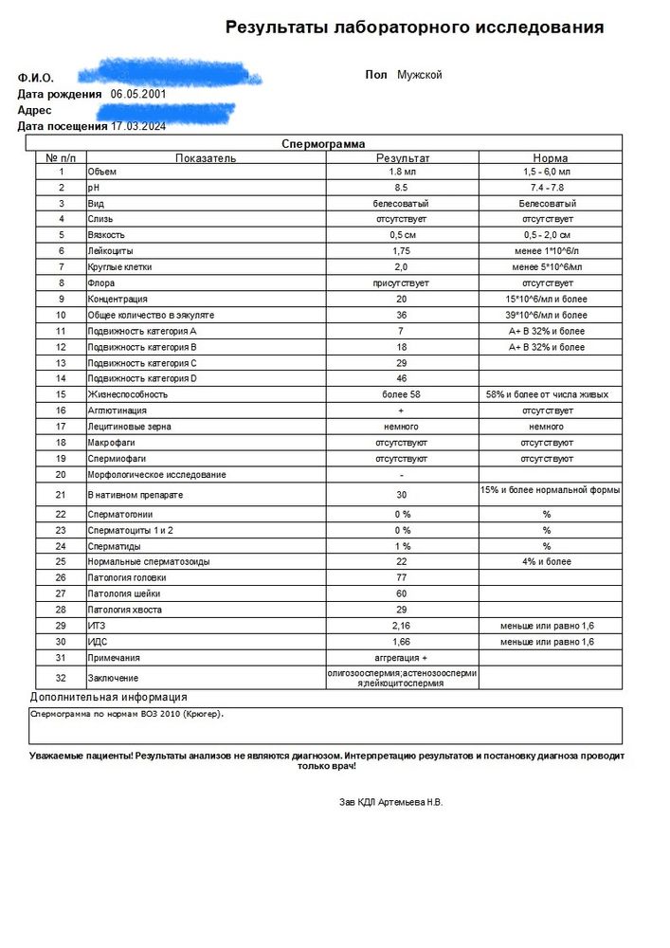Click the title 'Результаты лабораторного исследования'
pyautogui.click(x=414, y=27)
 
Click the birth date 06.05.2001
pyautogui.click(x=138, y=94)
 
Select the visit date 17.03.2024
pyautogui.click(x=139, y=125)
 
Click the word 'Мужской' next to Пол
pyautogui.click(x=419, y=75)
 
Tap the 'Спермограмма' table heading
pyautogui.click(x=323, y=144)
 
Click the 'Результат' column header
pyautogui.click(x=402, y=158)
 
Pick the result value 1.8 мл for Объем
pyautogui.click(x=402, y=173)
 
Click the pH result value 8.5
pyautogui.click(x=402, y=189)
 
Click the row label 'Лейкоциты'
pyautogui.click(x=110, y=251)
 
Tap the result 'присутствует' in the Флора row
pyautogui.click(x=402, y=283)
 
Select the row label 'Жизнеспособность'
pyautogui.click(x=127, y=393)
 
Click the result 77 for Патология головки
pyautogui.click(x=402, y=577)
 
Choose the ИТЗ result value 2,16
pyautogui.click(x=402, y=626)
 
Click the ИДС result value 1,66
pyautogui.click(x=402, y=642)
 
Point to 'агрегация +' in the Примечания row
pyautogui.click(x=402, y=658)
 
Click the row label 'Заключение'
pyautogui.click(x=113, y=678)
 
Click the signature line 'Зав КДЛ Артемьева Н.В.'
pyautogui.click(x=390, y=802)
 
